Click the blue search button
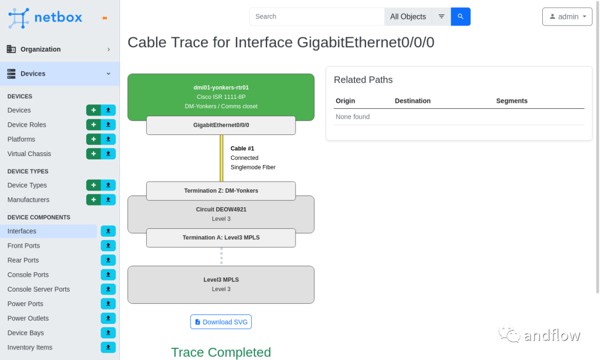461,17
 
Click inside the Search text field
317,17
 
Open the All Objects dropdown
408,17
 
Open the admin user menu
567,17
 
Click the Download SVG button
221,322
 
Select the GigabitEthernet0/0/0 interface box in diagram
221,126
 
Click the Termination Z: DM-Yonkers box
221,191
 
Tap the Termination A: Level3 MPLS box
221,238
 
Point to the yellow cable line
222,158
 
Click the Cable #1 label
242,148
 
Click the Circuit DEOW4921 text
221,209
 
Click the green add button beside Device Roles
93,124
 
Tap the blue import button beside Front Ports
108,246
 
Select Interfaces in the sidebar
22,231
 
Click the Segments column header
512,101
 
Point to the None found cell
353,117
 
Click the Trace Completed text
221,352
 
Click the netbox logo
46,18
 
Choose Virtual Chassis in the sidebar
29,154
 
